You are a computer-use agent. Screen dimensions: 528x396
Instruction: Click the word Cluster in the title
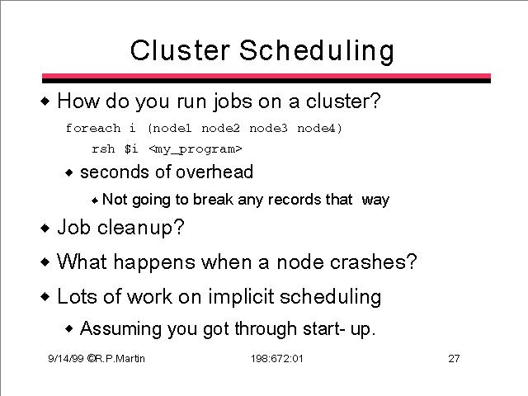point(180,50)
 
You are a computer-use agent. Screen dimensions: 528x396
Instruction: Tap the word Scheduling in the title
point(317,51)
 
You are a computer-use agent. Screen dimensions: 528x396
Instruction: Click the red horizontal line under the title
point(266,76)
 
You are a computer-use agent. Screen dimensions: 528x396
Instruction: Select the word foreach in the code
point(93,128)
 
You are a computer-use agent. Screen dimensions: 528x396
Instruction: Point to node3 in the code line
point(268,129)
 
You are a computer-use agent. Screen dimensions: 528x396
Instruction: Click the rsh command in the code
point(103,148)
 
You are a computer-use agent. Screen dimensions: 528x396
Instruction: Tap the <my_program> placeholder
point(196,149)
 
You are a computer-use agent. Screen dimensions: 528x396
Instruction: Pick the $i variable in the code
point(131,148)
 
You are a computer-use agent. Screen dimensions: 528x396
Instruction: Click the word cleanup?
point(141,228)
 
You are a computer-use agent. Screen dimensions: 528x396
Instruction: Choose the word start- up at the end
point(339,329)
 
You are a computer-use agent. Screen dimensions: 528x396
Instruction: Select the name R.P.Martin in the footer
point(120,358)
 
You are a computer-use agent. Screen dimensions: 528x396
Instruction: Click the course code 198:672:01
point(277,358)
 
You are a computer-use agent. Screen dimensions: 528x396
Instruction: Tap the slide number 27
point(454,358)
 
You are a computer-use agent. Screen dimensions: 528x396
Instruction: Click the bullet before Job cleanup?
point(45,228)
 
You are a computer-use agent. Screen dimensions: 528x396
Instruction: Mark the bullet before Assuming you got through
point(69,328)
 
